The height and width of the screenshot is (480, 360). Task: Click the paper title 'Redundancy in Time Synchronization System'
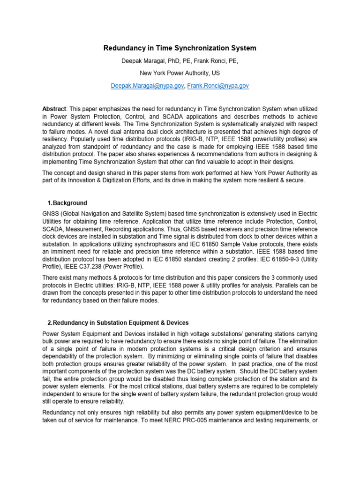(x=180, y=48)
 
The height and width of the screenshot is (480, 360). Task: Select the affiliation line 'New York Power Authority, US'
(x=180, y=73)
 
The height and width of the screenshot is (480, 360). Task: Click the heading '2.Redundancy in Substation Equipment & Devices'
(x=118, y=322)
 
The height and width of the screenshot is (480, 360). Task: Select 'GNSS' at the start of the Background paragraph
(x=51, y=214)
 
